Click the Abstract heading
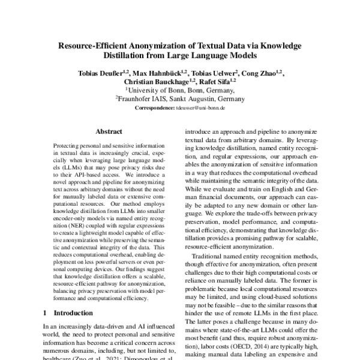pyautogui.click(x=109, y=131)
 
